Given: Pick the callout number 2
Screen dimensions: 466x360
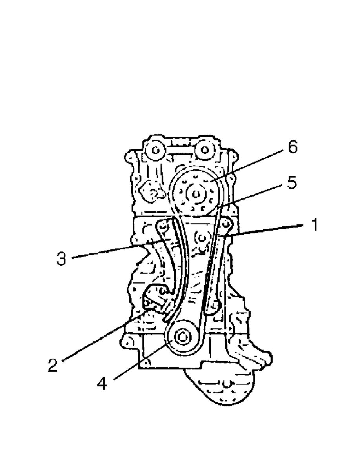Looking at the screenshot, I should [x=52, y=364].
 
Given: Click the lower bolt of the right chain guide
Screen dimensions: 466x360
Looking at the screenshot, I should [x=212, y=305].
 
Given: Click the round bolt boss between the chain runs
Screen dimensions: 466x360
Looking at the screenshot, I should [x=203, y=238].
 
